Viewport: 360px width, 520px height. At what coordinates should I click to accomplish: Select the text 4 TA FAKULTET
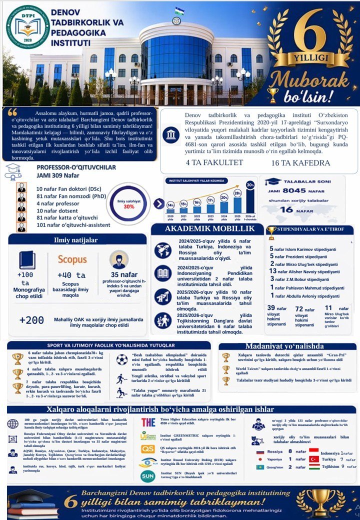point(214,162)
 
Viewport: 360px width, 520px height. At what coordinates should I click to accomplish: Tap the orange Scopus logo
point(72,259)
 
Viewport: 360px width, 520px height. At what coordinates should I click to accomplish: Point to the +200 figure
point(31,320)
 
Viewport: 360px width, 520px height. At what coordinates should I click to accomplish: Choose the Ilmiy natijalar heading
point(77,240)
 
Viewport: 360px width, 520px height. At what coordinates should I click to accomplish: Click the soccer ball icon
point(122,359)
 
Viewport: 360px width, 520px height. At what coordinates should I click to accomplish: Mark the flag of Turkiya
point(314,459)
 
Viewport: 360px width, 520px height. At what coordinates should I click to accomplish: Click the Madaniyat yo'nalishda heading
point(287,346)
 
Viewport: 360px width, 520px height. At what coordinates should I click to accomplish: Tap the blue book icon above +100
point(27,260)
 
